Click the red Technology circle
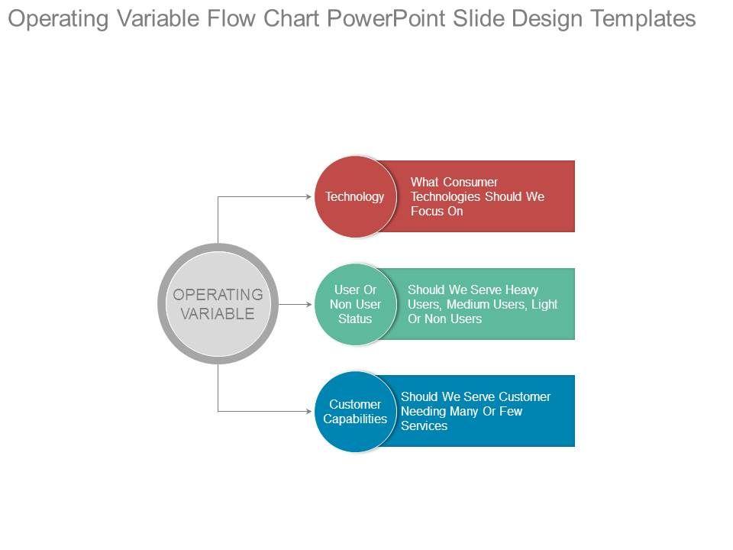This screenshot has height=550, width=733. coord(355,196)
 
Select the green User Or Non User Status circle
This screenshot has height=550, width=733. coord(355,304)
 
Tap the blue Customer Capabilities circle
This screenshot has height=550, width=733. coord(355,412)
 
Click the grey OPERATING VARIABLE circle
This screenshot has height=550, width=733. coord(218,304)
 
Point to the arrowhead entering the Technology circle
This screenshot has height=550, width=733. coord(308,196)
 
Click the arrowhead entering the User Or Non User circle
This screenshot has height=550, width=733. coord(308,304)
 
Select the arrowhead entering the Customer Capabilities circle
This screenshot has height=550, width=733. coord(308,412)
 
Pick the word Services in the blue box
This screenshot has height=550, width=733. coord(425,426)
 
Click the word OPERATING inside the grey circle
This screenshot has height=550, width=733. coord(218,295)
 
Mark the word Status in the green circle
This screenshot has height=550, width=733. coord(355,319)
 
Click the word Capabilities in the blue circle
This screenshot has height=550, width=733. coord(355,419)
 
